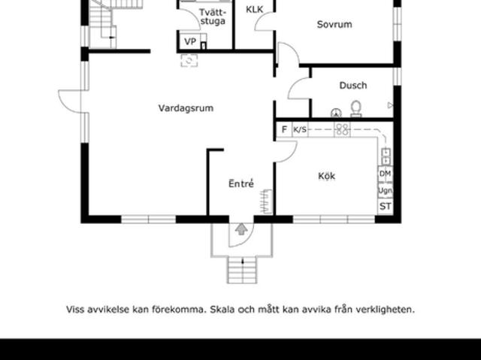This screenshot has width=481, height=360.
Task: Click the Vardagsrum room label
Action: click(x=186, y=108)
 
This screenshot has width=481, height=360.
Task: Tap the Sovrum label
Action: click(x=334, y=25)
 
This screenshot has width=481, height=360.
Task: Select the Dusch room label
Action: click(x=352, y=86)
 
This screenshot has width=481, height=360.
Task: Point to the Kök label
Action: click(x=326, y=177)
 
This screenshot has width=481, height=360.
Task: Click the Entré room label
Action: click(x=240, y=183)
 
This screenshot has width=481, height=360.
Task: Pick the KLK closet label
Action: click(x=254, y=10)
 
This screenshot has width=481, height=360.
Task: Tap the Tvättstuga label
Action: click(x=213, y=17)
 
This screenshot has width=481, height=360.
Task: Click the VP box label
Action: click(x=190, y=42)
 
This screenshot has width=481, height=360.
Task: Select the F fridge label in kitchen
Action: click(x=284, y=129)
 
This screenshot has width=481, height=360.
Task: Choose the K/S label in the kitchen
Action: click(x=300, y=129)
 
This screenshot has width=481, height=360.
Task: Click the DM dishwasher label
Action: click(x=385, y=174)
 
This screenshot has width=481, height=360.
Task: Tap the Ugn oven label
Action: click(x=385, y=190)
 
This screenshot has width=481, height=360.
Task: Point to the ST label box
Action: click(x=385, y=206)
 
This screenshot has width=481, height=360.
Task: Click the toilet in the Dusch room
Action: click(x=356, y=109)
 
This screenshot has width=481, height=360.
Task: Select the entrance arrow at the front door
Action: click(x=241, y=228)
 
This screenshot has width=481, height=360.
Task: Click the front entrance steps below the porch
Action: click(x=241, y=270)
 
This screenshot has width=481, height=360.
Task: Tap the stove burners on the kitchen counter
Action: click(x=342, y=129)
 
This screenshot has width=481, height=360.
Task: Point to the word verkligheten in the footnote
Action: click(x=383, y=309)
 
